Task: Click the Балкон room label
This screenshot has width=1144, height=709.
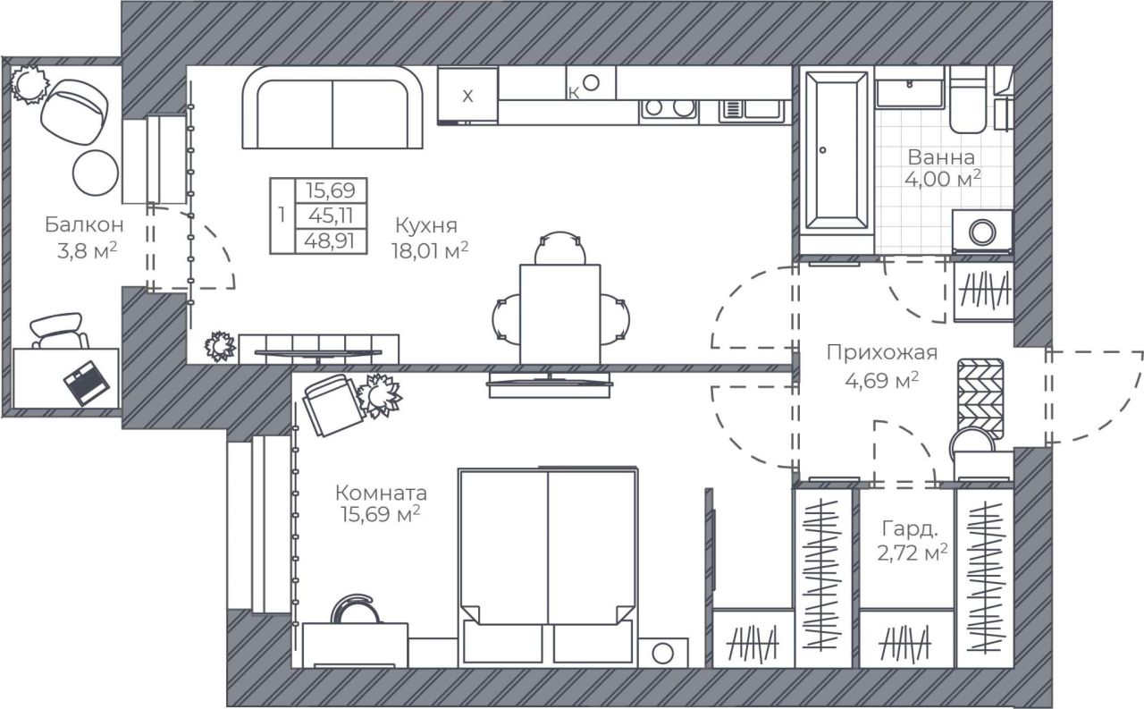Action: pyautogui.click(x=84, y=224)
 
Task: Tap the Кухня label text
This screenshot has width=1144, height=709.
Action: pyautogui.click(x=426, y=225)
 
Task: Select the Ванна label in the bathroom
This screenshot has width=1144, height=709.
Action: pyautogui.click(x=941, y=157)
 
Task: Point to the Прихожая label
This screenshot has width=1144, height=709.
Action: pyautogui.click(x=882, y=353)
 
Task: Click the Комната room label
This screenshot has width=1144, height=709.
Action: pyautogui.click(x=381, y=494)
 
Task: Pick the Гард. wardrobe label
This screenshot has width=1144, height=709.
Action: pyautogui.click(x=910, y=529)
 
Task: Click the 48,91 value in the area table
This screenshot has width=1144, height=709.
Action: pyautogui.click(x=330, y=241)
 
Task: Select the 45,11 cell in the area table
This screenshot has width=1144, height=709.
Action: pyautogui.click(x=331, y=215)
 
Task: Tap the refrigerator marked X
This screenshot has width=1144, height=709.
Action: pyautogui.click(x=467, y=96)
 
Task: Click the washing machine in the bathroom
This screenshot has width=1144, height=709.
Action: pyautogui.click(x=982, y=232)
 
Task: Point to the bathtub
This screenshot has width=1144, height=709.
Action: pyautogui.click(x=836, y=151)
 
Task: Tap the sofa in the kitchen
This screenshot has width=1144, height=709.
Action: pyautogui.click(x=332, y=108)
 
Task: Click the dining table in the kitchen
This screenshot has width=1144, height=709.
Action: pyautogui.click(x=560, y=314)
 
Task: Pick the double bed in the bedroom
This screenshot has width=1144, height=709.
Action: pyautogui.click(x=548, y=567)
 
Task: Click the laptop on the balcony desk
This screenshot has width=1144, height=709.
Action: pyautogui.click(x=87, y=383)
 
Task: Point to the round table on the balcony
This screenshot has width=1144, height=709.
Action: pyautogui.click(x=96, y=173)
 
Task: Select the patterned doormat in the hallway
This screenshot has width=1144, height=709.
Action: pyautogui.click(x=980, y=399)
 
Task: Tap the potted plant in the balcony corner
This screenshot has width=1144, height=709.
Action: pyautogui.click(x=29, y=84)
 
